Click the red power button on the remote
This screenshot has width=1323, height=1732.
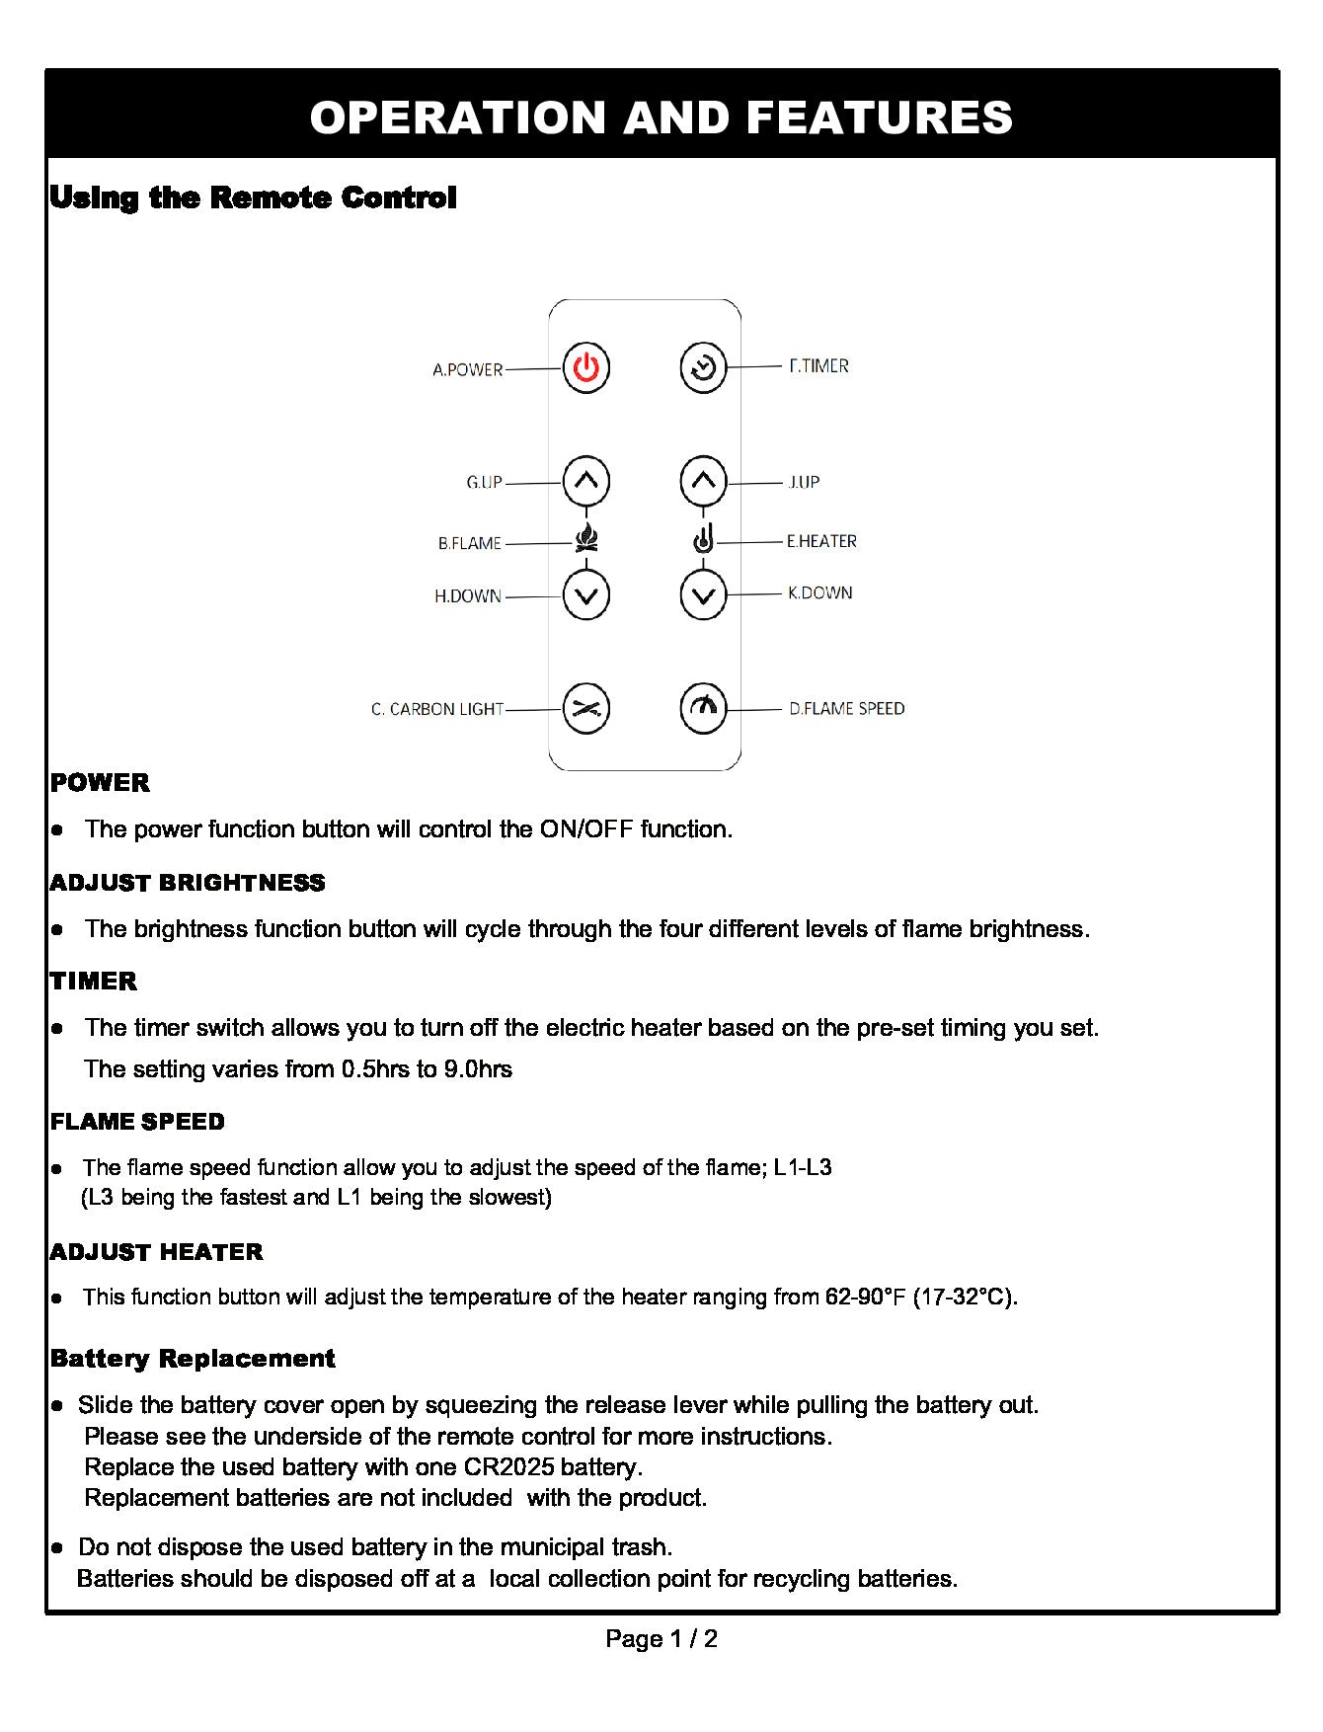click(586, 368)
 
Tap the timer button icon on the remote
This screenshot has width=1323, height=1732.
click(703, 367)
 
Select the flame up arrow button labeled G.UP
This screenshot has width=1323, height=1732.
click(586, 482)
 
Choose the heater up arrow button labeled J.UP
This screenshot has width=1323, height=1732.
click(703, 481)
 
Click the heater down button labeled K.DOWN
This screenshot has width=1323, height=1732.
click(703, 595)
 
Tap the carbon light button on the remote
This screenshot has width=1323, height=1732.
click(586, 709)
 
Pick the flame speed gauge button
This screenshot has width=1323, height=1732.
click(703, 708)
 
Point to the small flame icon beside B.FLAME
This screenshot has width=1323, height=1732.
click(586, 539)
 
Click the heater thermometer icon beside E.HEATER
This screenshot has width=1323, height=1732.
click(703, 540)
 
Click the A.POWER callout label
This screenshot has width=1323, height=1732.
click(467, 370)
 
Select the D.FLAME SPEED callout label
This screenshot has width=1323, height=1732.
click(846, 709)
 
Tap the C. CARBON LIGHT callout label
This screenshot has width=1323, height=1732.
click(437, 710)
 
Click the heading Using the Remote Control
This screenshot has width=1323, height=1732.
click(253, 197)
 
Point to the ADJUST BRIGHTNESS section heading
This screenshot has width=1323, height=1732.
click(188, 883)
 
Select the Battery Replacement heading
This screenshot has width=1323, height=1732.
click(193, 1359)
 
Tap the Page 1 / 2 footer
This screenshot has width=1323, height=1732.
click(661, 1639)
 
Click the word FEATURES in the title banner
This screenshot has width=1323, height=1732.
click(880, 117)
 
